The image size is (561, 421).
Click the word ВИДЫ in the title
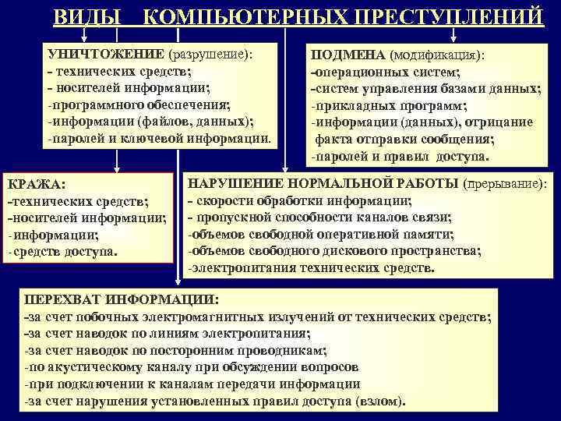(x=87, y=17)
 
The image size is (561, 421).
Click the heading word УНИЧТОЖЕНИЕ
(x=104, y=55)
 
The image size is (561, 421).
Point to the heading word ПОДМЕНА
(x=348, y=55)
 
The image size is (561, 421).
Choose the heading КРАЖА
(x=36, y=184)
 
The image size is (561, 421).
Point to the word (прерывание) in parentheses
(x=505, y=184)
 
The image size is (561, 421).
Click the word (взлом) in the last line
(x=377, y=402)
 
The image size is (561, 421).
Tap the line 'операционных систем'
(x=379, y=73)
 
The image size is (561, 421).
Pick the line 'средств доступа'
(x=65, y=252)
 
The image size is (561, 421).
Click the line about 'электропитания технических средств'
(x=312, y=268)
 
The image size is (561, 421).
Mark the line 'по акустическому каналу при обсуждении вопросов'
(x=192, y=366)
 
